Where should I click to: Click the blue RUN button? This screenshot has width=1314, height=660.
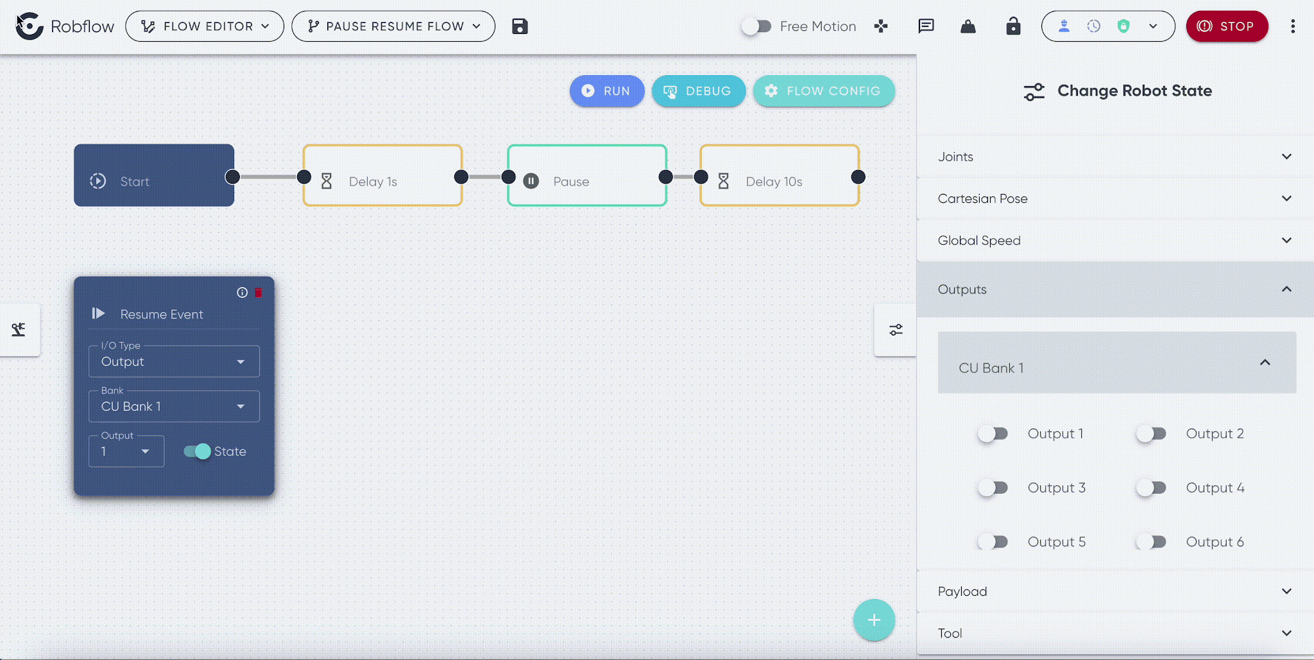tap(606, 91)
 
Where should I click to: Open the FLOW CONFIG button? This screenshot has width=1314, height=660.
tap(824, 91)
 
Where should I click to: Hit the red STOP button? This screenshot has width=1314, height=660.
tap(1227, 26)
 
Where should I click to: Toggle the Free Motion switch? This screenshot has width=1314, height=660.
tap(756, 26)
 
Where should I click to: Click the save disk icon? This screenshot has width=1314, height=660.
tap(520, 26)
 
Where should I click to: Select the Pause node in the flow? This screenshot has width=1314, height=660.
tap(587, 175)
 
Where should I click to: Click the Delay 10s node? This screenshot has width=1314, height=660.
tap(780, 175)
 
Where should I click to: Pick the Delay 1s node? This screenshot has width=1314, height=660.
tap(382, 175)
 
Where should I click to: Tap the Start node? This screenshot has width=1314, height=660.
tap(154, 175)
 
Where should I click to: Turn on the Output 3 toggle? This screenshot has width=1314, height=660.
tap(993, 488)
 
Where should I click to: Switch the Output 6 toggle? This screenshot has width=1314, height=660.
tap(1151, 542)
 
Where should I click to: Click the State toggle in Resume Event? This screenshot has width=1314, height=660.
tap(197, 451)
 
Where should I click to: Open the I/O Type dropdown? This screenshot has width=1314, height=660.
tap(174, 361)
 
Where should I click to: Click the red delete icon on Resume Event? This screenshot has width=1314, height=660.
tap(259, 293)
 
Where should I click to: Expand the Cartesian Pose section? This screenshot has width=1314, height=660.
tap(1115, 198)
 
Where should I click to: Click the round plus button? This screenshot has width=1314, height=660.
tap(874, 620)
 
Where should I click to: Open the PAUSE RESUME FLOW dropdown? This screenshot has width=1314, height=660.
tap(393, 26)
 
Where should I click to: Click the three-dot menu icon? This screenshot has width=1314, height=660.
tap(1293, 26)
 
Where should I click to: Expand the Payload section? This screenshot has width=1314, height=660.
tap(1115, 591)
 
